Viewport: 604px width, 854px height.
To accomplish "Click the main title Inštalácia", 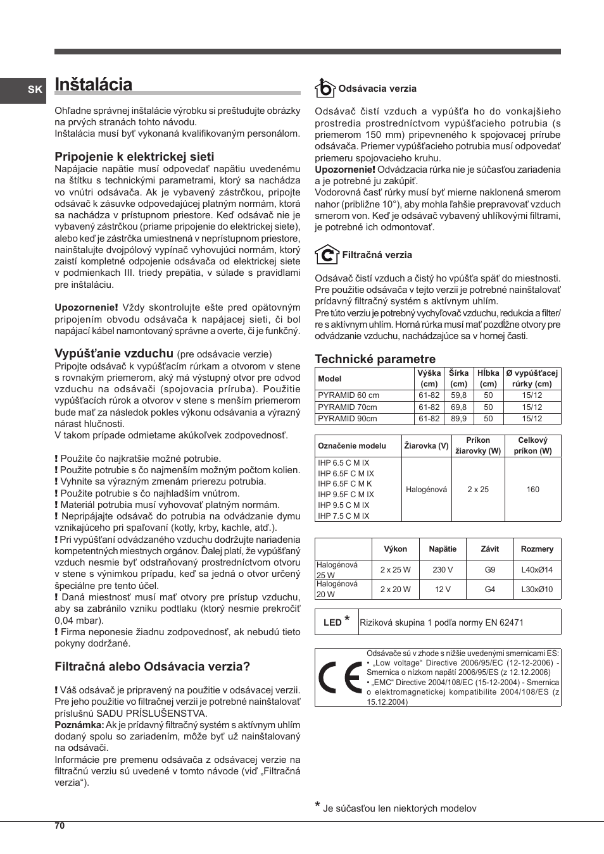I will tap(94, 85).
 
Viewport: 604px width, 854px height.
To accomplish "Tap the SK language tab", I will tap(35, 90).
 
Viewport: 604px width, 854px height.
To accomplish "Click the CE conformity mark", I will tap(340, 678).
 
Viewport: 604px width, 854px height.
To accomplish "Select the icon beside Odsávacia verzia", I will tap(325, 88).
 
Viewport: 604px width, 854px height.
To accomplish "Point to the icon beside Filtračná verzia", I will tap(327, 254).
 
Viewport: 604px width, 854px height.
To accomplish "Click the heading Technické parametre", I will tap(375, 359).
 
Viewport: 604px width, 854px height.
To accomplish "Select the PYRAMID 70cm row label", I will tap(348, 407).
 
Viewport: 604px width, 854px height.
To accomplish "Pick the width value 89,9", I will tap(458, 419).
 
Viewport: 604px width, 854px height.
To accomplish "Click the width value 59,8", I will tap(458, 395).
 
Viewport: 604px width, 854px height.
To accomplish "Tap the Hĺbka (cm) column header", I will tap(488, 378).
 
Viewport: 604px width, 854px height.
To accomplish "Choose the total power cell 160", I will tap(532, 490).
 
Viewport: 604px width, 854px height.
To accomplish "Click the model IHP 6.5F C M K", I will tap(345, 484).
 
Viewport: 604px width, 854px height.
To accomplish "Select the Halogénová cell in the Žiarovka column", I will tap(426, 490).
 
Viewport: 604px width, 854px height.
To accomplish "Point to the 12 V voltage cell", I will tap(442, 590).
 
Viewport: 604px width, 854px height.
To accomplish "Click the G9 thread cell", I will tap(489, 569).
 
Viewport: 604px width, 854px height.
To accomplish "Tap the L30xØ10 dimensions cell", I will tap(536, 590).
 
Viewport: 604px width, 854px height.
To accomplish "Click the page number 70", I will tap(60, 826).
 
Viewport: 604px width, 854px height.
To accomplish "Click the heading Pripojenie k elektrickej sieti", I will tap(134, 156).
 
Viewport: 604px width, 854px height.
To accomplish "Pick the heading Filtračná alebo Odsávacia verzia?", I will tap(152, 666).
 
